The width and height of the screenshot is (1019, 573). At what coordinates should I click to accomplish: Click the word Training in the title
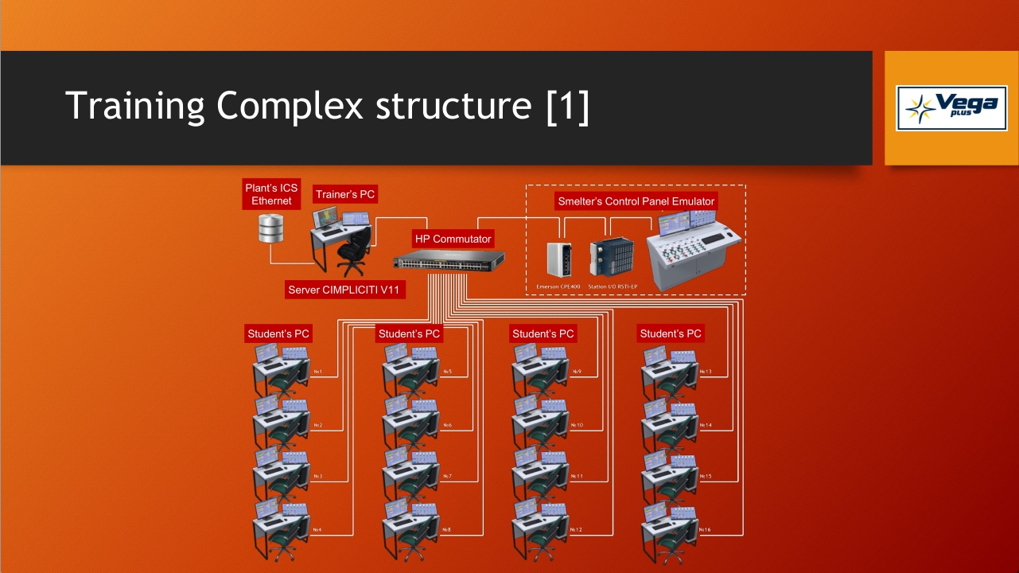click(x=134, y=106)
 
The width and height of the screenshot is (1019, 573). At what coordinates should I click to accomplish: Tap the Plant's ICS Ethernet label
click(x=272, y=194)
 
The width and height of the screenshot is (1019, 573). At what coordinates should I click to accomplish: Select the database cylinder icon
click(x=271, y=228)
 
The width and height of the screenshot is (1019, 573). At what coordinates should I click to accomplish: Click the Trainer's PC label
click(x=345, y=194)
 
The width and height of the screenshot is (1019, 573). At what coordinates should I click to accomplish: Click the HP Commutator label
click(x=453, y=239)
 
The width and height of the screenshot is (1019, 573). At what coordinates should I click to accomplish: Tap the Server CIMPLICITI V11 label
click(x=344, y=290)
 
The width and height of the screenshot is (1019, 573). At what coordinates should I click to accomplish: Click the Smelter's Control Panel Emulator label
click(x=636, y=201)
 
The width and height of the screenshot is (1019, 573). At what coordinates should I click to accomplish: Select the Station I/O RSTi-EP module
click(x=611, y=256)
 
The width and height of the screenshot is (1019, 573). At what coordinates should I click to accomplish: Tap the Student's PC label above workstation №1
click(x=278, y=333)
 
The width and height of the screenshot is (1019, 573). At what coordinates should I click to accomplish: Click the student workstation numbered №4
click(x=280, y=526)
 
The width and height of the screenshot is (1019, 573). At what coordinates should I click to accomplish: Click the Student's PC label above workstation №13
click(x=671, y=333)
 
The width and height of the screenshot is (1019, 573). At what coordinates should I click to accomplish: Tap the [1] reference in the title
click(x=569, y=106)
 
